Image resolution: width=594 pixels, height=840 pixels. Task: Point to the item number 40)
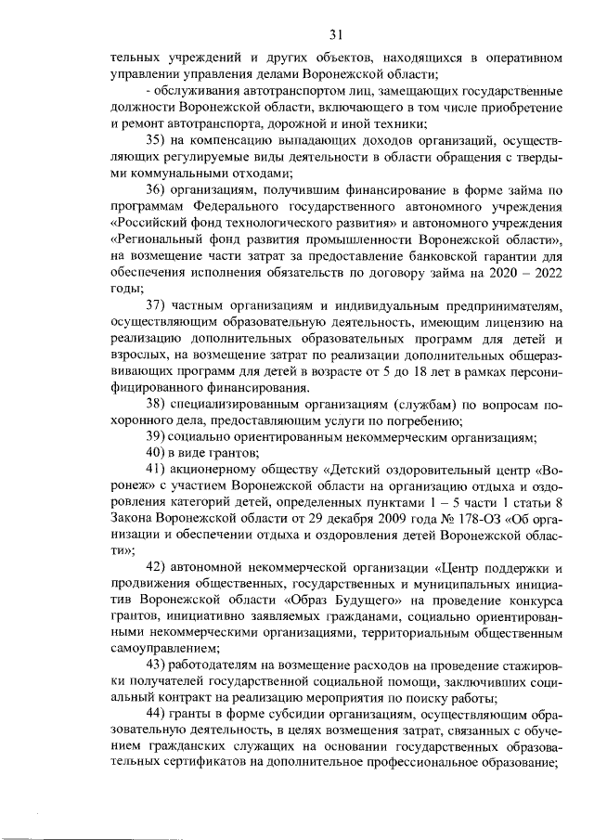pyautogui.click(x=155, y=453)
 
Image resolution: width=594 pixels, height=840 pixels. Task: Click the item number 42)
pyautogui.click(x=155, y=567)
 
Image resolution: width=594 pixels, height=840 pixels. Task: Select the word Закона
pyautogui.click(x=133, y=518)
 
